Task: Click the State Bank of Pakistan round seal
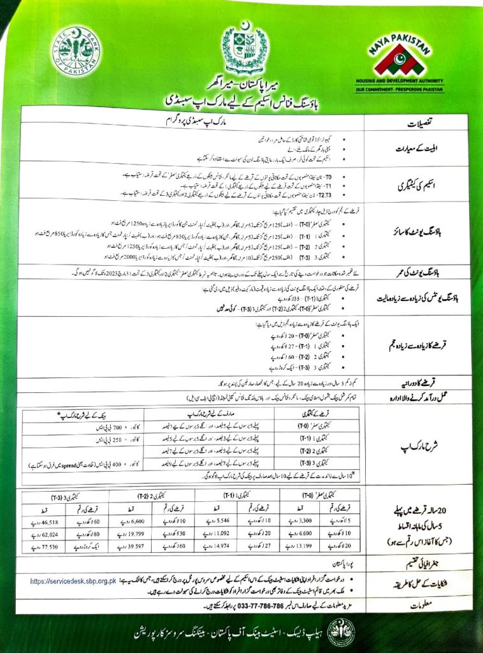point(76,52)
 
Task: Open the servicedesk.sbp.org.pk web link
point(74,581)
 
